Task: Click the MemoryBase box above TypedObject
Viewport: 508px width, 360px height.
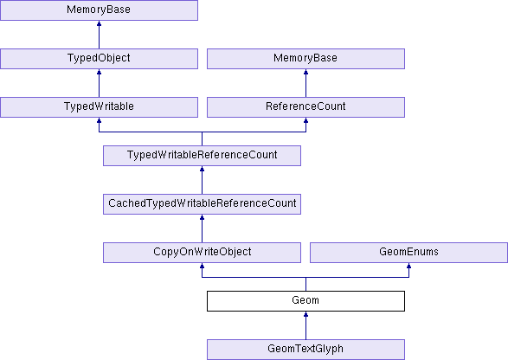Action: pyautogui.click(x=99, y=10)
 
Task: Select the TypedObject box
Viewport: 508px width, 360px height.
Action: pyautogui.click(x=99, y=59)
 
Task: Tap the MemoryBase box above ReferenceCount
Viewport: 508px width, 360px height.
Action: pyautogui.click(x=305, y=59)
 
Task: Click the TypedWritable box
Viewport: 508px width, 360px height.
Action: pyautogui.click(x=99, y=107)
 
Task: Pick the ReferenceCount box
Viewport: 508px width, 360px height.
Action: pyautogui.click(x=305, y=107)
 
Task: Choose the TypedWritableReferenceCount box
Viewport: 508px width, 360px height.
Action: pyautogui.click(x=202, y=156)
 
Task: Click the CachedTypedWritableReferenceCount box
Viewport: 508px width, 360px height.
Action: pyautogui.click(x=202, y=204)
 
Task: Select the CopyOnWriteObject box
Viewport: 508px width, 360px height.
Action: pyautogui.click(x=202, y=253)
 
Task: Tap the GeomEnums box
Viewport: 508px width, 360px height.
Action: pyautogui.click(x=408, y=253)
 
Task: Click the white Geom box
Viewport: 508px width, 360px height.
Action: pyautogui.click(x=305, y=301)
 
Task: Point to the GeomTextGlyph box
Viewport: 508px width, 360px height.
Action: pyautogui.click(x=305, y=350)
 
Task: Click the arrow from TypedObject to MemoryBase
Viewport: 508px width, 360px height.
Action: pyautogui.click(x=99, y=35)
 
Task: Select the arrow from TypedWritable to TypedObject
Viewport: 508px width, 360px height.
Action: pyautogui.click(x=99, y=83)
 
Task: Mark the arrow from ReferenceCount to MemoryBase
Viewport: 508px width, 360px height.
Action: pyautogui.click(x=305, y=83)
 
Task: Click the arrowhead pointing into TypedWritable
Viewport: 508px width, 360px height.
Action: pyautogui.click(x=99, y=120)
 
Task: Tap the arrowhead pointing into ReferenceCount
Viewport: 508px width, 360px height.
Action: pyautogui.click(x=305, y=120)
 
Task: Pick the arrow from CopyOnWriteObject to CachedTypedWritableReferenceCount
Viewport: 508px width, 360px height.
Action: pyautogui.click(x=202, y=228)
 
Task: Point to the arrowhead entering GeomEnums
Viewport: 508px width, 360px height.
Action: pyautogui.click(x=408, y=266)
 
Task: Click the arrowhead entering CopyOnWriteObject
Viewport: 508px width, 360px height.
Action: pyautogui.click(x=202, y=266)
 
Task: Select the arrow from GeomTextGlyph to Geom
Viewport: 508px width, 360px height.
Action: pyautogui.click(x=305, y=325)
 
